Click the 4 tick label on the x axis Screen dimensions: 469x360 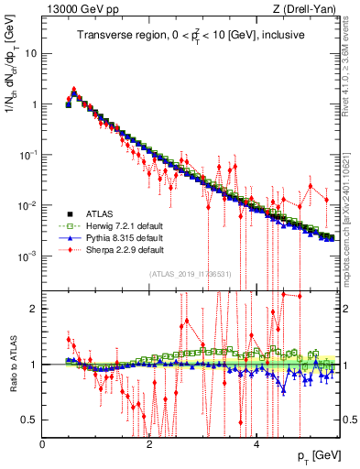(x=256, y=443)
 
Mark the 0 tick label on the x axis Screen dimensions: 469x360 (x=42, y=443)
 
